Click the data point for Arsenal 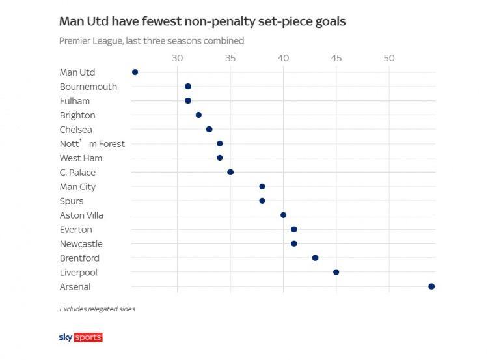coord(431,286)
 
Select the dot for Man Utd coord(135,72)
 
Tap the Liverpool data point coord(336,272)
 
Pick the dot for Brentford coord(315,258)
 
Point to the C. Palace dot coord(230,173)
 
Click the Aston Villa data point coord(283,215)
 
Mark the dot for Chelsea coord(209,130)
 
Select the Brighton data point coord(198,115)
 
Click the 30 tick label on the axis coord(177,58)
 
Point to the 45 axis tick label coord(336,58)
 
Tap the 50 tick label coord(389,58)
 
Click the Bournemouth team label coord(88,87)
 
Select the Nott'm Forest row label coord(92,144)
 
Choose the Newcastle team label coord(81,244)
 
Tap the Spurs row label coord(72,201)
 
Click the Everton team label coord(75,230)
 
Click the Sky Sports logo coord(81,337)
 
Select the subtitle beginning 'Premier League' coord(152,40)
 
